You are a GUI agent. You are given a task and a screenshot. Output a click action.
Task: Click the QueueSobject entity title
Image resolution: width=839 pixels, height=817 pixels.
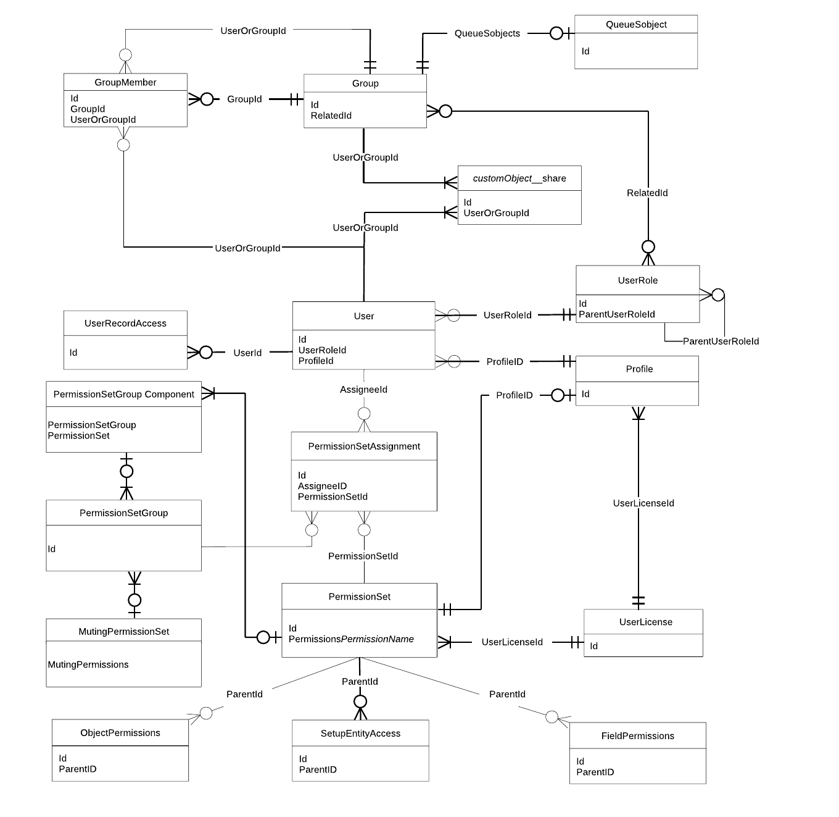coord(636,25)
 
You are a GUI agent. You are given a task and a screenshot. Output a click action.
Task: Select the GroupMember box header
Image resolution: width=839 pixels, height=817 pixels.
coord(125,82)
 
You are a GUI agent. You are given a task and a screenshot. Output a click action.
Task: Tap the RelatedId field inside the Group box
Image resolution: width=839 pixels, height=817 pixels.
coord(331,115)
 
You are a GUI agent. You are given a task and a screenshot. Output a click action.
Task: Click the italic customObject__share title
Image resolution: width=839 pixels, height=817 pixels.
coord(519,178)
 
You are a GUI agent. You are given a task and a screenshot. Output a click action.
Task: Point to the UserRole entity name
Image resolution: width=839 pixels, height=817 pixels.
coord(637,280)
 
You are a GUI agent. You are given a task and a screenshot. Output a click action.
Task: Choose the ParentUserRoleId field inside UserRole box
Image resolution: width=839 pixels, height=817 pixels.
coord(616,314)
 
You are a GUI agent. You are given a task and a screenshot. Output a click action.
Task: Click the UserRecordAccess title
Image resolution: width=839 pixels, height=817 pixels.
coord(125,323)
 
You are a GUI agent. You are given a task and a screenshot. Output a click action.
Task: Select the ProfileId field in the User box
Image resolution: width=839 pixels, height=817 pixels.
coord(316,361)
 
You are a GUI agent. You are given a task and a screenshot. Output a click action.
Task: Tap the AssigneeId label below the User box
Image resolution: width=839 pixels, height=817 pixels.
coord(363,390)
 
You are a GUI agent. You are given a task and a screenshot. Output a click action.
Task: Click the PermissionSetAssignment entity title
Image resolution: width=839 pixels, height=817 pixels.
coord(364,446)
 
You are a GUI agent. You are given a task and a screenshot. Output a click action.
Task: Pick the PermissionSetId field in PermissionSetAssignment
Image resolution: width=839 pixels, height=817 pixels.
coord(333,496)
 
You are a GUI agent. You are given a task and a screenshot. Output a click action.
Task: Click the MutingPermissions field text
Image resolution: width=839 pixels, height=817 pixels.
coord(88,664)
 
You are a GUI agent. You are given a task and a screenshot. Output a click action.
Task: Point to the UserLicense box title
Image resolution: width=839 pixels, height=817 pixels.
coord(645,622)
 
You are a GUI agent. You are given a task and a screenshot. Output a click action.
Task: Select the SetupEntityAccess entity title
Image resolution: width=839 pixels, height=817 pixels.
coord(360,734)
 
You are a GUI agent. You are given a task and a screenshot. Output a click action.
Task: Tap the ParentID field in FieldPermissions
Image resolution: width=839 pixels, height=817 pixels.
coord(595,772)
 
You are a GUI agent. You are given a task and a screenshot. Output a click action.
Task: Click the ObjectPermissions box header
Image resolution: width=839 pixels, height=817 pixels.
coord(120,733)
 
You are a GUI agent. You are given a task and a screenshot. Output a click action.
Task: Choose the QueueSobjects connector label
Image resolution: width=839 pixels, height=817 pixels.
coord(487,33)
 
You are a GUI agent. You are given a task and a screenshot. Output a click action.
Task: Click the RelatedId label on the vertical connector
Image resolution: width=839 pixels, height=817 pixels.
coord(647,193)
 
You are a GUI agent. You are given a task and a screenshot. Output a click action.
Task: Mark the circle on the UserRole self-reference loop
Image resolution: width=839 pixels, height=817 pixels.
coord(718,295)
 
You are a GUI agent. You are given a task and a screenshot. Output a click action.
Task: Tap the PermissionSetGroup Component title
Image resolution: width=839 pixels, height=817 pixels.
coord(123,395)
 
